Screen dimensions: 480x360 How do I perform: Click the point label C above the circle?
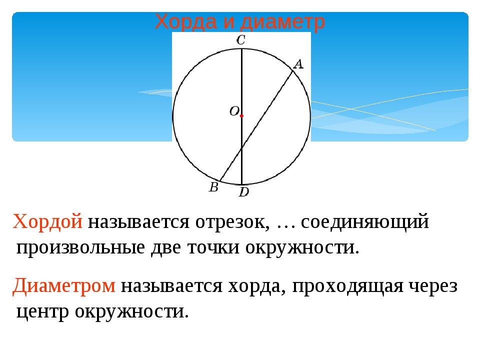(x=241, y=40)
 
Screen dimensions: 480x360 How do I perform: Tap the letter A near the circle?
(x=298, y=64)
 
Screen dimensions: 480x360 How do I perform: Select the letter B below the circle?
(x=213, y=187)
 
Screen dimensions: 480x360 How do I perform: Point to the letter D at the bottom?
(x=244, y=192)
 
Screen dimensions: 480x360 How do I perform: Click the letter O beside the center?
(x=234, y=111)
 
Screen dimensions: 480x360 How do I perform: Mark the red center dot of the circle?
(x=241, y=115)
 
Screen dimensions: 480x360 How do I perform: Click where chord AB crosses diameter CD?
(x=242, y=148)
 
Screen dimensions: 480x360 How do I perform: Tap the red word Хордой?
(x=48, y=221)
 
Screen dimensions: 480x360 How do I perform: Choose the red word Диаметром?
(x=64, y=286)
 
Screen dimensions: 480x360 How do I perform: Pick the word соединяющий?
(x=365, y=221)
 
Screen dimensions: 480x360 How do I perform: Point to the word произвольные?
(x=80, y=248)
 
